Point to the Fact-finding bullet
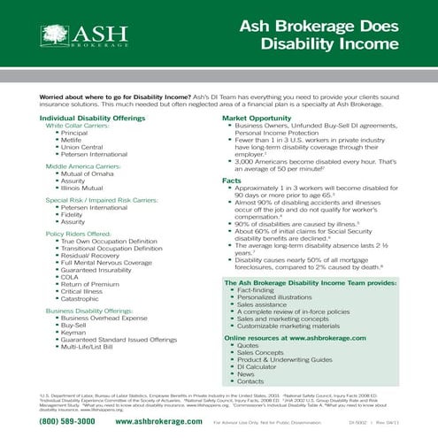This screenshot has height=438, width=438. click(256, 290)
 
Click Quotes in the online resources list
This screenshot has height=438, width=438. click(249, 345)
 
